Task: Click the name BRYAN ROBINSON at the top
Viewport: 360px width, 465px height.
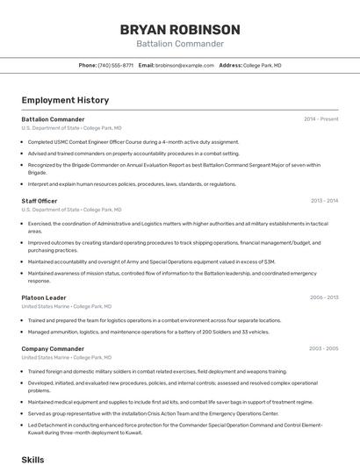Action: [179, 29]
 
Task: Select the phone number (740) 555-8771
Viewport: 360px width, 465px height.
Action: [115, 65]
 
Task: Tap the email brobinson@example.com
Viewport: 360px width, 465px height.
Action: [184, 65]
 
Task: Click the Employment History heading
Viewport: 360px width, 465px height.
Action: [65, 100]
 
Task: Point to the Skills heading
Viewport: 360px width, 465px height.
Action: [32, 459]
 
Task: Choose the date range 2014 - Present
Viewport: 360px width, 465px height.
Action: [320, 118]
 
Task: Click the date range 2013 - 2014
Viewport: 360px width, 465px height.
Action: [323, 201]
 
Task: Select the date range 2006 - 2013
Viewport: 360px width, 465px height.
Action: [323, 297]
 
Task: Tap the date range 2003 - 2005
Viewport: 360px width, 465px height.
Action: [323, 348]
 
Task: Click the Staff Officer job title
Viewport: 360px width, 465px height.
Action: [40, 201]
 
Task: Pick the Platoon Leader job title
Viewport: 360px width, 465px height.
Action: [44, 297]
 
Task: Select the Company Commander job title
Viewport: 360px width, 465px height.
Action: [53, 348]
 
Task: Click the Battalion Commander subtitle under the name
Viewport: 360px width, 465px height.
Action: [179, 44]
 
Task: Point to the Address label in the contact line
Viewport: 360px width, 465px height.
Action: [230, 65]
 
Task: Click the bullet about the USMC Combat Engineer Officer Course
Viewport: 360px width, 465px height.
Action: [133, 141]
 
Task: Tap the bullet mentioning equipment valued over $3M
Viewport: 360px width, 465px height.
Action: [151, 261]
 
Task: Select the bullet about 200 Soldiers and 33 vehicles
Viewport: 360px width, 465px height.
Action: [148, 332]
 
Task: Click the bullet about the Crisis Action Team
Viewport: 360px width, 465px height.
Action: [153, 412]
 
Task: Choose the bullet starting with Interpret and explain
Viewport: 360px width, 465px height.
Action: [132, 184]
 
